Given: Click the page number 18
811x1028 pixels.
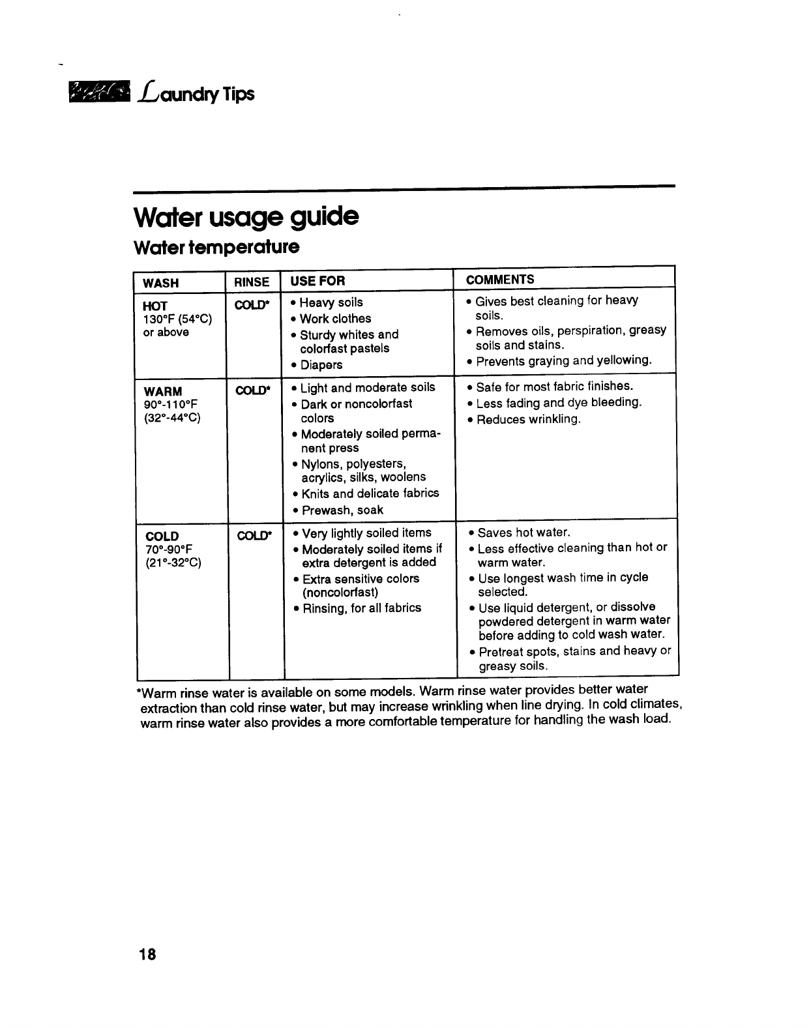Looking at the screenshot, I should [147, 954].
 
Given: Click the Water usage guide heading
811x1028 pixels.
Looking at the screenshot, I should [246, 216].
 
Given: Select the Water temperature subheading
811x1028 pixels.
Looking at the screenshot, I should [216, 248].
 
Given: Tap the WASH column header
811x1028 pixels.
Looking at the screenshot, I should [160, 283].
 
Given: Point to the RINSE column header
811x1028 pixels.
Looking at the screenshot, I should [252, 282].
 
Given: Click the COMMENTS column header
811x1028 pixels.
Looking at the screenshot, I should [500, 280].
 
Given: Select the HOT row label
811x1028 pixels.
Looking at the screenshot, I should [155, 306].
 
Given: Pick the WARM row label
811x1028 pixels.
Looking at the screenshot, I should [163, 391].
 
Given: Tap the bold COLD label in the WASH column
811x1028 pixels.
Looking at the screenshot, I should [162, 536].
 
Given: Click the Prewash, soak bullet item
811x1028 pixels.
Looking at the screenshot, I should [342, 510].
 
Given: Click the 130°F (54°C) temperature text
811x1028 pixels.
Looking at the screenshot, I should [177, 319].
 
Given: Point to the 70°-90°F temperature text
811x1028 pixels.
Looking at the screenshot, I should [169, 550].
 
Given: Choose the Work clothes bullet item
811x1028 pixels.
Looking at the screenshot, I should [335, 319].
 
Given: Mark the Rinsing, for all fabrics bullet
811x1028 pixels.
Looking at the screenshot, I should [362, 608].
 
